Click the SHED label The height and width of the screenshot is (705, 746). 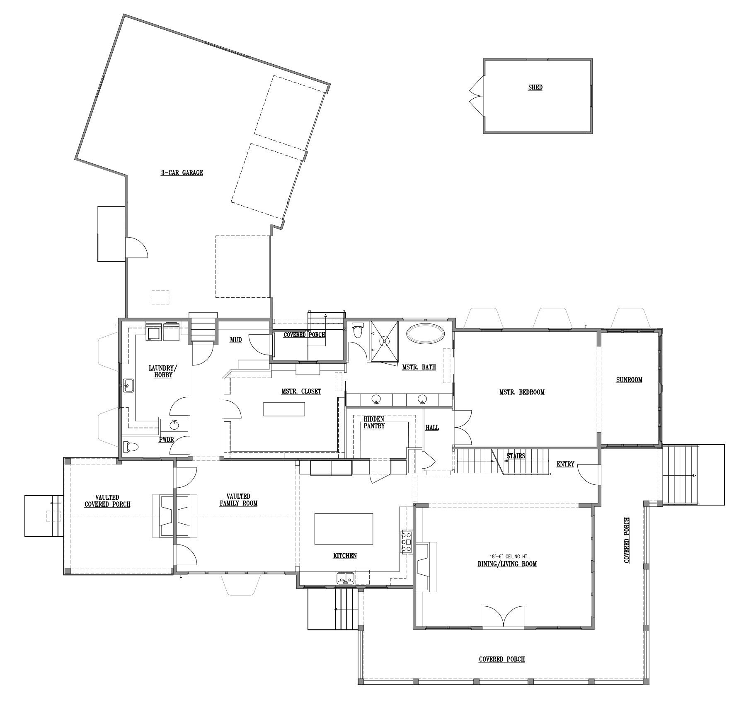click(x=535, y=88)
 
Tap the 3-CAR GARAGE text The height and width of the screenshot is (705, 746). click(x=182, y=173)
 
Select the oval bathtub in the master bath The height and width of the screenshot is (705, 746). click(x=426, y=334)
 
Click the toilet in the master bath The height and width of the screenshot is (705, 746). click(x=357, y=331)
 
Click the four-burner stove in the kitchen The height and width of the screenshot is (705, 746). click(x=406, y=541)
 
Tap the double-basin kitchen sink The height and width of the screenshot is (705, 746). click(x=345, y=576)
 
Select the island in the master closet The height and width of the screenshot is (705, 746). click(x=284, y=409)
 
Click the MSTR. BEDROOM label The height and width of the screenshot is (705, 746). click(x=522, y=392)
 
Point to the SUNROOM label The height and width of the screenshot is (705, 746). click(x=629, y=379)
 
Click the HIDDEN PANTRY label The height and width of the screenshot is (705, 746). click(x=374, y=423)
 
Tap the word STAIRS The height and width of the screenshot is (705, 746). click(x=516, y=456)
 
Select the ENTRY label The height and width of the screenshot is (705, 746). click(x=565, y=464)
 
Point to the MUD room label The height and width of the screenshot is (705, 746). click(x=236, y=340)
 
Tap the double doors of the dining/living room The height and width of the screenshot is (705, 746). click(x=503, y=619)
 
